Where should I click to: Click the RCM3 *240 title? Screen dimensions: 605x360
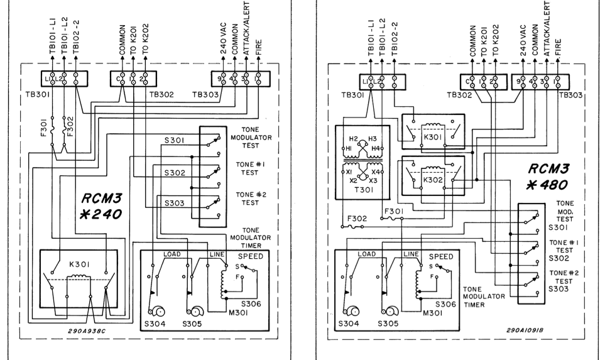point(101,207)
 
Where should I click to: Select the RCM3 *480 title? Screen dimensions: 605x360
point(547,177)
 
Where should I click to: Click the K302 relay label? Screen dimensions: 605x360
point(433,180)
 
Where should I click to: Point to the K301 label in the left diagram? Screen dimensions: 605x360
point(80,265)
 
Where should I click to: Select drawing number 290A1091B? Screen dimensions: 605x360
point(525,330)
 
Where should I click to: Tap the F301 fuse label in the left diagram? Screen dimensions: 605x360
point(43,127)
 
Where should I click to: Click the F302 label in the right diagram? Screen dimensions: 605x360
point(357,219)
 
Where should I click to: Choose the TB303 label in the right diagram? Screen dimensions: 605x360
point(571,95)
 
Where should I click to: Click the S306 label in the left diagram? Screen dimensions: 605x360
point(251,303)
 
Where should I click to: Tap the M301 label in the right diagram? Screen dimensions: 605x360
point(432,313)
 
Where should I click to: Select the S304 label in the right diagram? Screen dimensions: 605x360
point(349,324)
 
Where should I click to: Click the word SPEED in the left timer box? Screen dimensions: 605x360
point(251,256)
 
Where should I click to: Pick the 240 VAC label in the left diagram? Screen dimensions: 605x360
point(224,40)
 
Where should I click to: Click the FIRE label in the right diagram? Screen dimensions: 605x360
point(558,48)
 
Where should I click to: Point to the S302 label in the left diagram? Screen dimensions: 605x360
point(175,173)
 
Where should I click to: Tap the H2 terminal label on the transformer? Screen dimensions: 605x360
point(354,139)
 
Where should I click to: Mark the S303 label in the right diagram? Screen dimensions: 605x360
point(559,289)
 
